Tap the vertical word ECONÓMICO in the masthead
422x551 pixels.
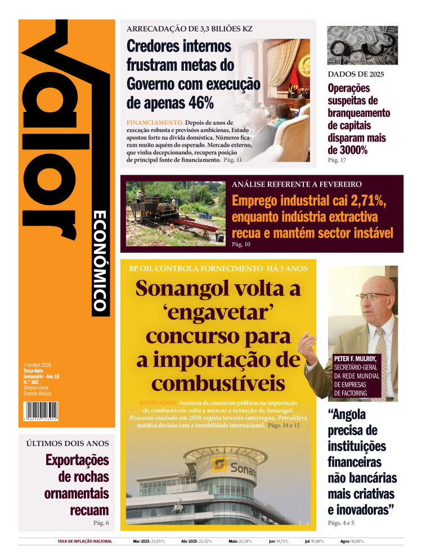tap(100, 261)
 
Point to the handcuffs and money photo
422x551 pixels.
tap(362, 45)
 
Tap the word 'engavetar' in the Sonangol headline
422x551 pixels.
tap(218, 312)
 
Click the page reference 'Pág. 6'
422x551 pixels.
tap(101, 523)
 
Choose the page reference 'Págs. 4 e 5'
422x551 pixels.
tap(342, 523)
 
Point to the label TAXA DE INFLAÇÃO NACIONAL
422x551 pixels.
tap(85, 541)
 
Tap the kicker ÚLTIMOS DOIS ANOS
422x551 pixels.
tap(68, 443)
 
